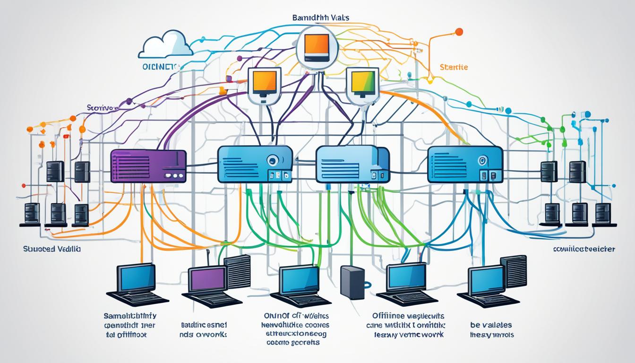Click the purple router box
[x=147, y=166]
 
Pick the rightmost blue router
[x=464, y=164]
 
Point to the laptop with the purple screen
[x=206, y=283]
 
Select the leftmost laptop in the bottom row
[x=137, y=284]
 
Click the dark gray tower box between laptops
[x=352, y=282]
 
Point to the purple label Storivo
[x=101, y=108]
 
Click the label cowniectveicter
[x=584, y=249]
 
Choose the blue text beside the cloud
[x=161, y=67]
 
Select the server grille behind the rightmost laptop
[x=513, y=271]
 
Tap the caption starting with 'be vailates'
[x=491, y=330]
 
